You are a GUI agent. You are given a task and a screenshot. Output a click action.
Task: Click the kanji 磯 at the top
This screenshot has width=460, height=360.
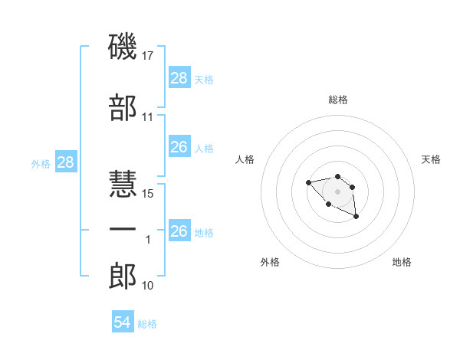click(123, 47)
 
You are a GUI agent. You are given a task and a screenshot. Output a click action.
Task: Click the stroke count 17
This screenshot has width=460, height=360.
click(149, 56)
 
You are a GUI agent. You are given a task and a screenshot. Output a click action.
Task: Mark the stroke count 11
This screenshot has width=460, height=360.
click(148, 117)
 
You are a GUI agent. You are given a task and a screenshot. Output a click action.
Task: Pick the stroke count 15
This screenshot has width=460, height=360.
click(149, 194)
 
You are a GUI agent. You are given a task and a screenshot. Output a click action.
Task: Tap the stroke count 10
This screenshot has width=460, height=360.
click(148, 286)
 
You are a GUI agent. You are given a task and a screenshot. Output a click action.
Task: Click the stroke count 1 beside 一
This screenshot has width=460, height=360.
click(149, 240)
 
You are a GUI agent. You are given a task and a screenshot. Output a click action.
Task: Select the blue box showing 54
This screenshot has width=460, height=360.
click(123, 322)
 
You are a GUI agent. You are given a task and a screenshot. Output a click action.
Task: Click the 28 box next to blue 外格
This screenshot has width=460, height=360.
click(65, 162)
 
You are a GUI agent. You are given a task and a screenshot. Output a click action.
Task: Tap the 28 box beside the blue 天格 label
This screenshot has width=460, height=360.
click(179, 78)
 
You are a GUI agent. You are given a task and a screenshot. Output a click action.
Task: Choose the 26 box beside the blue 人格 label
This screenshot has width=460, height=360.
click(179, 147)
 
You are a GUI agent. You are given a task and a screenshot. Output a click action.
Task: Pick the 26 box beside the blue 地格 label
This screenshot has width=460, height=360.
click(179, 231)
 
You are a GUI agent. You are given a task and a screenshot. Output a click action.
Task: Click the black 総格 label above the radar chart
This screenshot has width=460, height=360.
click(338, 100)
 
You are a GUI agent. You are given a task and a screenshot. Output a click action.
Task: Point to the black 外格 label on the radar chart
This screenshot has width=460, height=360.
click(270, 262)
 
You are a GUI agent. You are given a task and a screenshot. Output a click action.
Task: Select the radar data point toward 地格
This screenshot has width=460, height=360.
click(356, 218)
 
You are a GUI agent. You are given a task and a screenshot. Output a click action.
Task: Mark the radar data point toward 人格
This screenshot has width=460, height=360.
click(308, 182)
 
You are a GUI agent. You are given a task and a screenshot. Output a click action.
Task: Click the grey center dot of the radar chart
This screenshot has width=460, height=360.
click(337, 191)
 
